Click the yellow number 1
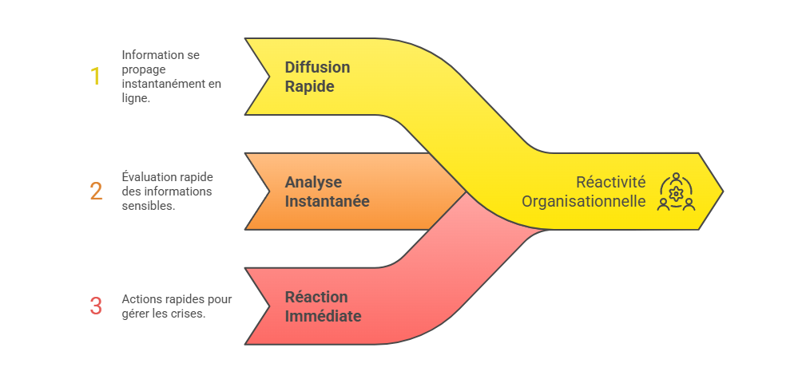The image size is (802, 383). pos(95,77)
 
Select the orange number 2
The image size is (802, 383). pos(96,191)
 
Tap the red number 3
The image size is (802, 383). pos(96,306)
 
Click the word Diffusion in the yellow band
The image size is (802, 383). pos(317,67)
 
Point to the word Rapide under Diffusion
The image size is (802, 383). pos(310,86)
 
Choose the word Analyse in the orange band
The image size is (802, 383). pos(313,182)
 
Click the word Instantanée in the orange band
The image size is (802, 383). pos(327,201)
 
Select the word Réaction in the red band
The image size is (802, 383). pos(316,297)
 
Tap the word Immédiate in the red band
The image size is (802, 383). pos(323,316)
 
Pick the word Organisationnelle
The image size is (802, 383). pos(583,201)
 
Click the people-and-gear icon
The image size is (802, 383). pos(676,191)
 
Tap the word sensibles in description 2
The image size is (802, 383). pos(149,205)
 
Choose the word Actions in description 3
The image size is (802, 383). pos(140,299)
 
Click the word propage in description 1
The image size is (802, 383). pos(141,69)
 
